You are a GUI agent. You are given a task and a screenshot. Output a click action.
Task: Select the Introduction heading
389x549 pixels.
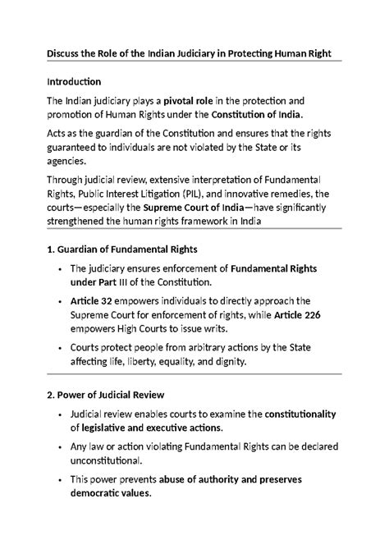coord(74,82)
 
